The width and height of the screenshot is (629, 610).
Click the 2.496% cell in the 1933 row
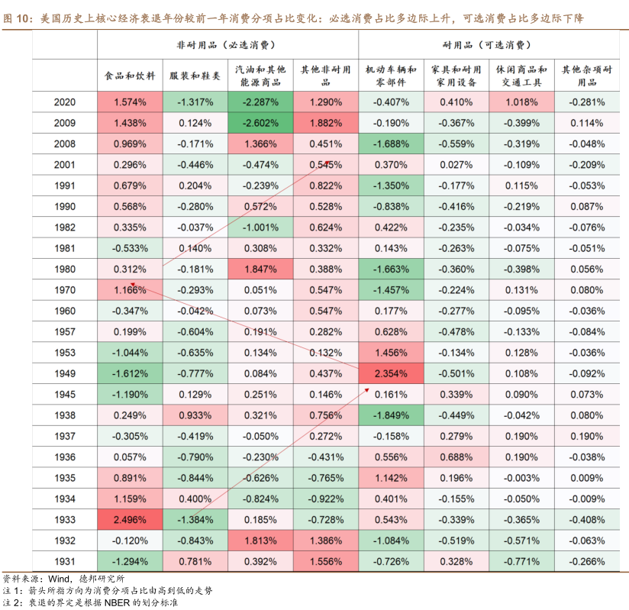[x=130, y=519]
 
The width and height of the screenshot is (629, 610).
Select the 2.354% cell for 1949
[x=391, y=373]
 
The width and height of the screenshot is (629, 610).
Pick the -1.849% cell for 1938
[x=391, y=415]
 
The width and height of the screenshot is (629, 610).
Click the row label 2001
[x=65, y=164]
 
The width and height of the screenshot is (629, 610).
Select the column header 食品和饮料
[x=130, y=76]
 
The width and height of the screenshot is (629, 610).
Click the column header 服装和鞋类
[x=195, y=76]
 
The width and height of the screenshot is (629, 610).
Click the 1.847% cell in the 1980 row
[x=261, y=269]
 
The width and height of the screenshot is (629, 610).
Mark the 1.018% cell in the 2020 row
[x=521, y=102]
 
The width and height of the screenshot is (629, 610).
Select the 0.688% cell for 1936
[x=456, y=457]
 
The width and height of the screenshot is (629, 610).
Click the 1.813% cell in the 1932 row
[x=261, y=541]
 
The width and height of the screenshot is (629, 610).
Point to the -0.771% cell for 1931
[x=521, y=561]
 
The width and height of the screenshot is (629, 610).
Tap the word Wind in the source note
[x=60, y=578]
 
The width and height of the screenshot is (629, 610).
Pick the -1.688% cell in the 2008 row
[x=391, y=144]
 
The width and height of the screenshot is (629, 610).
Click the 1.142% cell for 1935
[x=391, y=478]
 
